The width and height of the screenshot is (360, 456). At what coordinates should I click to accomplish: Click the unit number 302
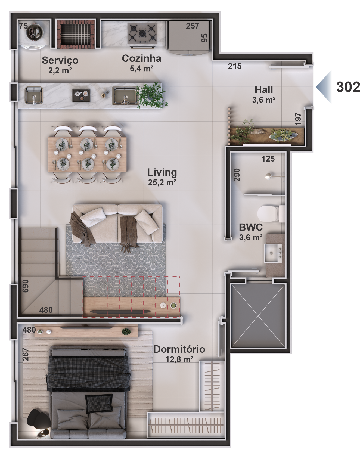coord(348,87)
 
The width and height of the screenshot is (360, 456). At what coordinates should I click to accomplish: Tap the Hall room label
coord(264,90)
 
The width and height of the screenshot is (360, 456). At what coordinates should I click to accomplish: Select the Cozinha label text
coord(141,58)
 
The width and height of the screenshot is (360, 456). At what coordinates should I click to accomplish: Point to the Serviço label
coord(60,60)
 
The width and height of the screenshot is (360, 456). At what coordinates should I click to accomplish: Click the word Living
coord(162,172)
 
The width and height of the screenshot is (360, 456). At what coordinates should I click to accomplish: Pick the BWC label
coord(251,227)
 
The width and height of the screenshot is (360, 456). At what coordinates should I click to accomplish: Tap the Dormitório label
coord(179,349)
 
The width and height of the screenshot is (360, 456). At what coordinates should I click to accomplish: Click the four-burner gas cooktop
coord(142,33)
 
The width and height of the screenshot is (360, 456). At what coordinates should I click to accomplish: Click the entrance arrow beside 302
coord(324,87)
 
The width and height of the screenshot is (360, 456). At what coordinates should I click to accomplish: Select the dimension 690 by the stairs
coord(25,286)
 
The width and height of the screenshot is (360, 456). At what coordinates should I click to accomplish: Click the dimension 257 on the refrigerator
coord(193,26)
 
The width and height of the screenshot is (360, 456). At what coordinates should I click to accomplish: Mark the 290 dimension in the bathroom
coord(237,175)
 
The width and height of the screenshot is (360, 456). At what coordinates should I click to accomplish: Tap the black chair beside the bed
coord(38,419)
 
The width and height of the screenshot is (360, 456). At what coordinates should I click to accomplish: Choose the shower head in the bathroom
coord(268,176)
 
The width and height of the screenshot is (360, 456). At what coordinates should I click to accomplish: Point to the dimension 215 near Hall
coord(235,66)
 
